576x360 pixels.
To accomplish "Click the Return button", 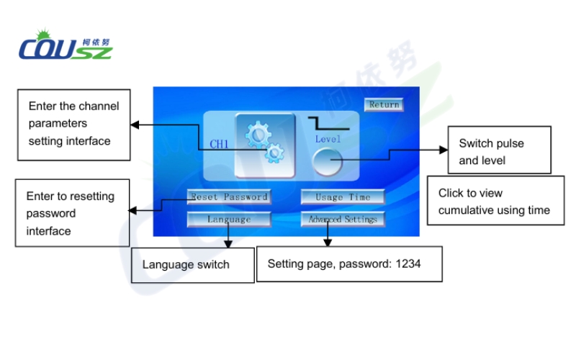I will tap(384, 104).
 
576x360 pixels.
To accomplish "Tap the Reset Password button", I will tap(229, 197).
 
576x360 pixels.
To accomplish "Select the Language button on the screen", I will tap(229, 219).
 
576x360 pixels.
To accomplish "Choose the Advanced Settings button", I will tap(343, 219).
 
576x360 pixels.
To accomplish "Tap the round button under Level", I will tap(328, 161).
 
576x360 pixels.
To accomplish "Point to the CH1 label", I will tap(219, 145).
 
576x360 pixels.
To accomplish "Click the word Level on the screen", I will tap(328, 139).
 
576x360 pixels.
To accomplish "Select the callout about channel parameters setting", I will tap(74, 124).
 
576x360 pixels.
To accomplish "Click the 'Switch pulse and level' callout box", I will tap(499, 150).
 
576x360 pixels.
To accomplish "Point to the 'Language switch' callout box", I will tap(192, 265).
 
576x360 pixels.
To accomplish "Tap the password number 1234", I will tap(408, 264).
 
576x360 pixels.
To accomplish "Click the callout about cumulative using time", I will tap(493, 202).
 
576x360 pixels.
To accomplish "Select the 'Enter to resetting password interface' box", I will tap(72, 213).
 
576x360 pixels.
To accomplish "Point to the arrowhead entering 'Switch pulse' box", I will tap(444, 150).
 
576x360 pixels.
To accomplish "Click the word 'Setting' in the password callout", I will tap(286, 264).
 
